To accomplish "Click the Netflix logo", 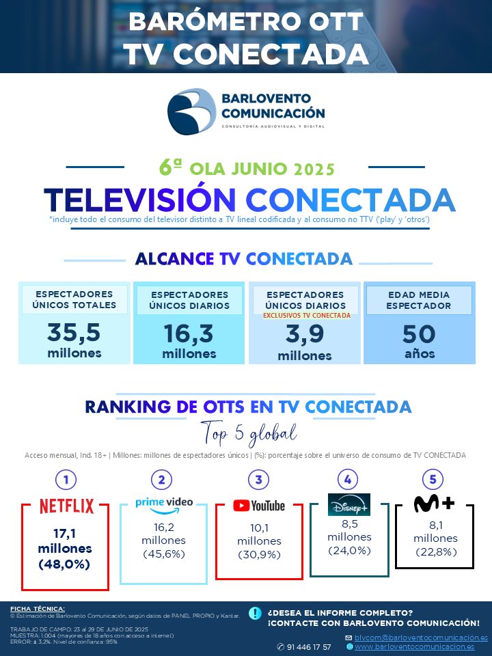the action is [67, 506].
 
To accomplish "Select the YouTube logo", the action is [259, 506].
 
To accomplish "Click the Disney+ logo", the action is [349, 504].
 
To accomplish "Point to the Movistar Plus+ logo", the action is [435, 504].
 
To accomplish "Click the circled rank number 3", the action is [258, 480].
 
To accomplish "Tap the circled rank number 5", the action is [433, 480].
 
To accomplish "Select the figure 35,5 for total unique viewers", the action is [74, 333].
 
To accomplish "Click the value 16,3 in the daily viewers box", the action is [189, 333].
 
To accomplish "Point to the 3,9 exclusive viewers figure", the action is [305, 334].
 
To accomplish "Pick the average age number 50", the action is [419, 334].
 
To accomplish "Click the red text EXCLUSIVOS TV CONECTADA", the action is [307, 316].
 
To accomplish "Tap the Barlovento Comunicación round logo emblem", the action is [191, 111].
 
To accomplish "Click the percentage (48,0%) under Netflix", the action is [64, 564].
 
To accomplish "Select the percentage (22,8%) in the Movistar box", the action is [436, 552].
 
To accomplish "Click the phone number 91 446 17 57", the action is [309, 647].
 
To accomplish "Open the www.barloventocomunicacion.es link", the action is [415, 647].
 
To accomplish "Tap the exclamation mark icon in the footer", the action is [255, 613].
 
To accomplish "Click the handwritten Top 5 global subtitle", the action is [249, 434].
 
